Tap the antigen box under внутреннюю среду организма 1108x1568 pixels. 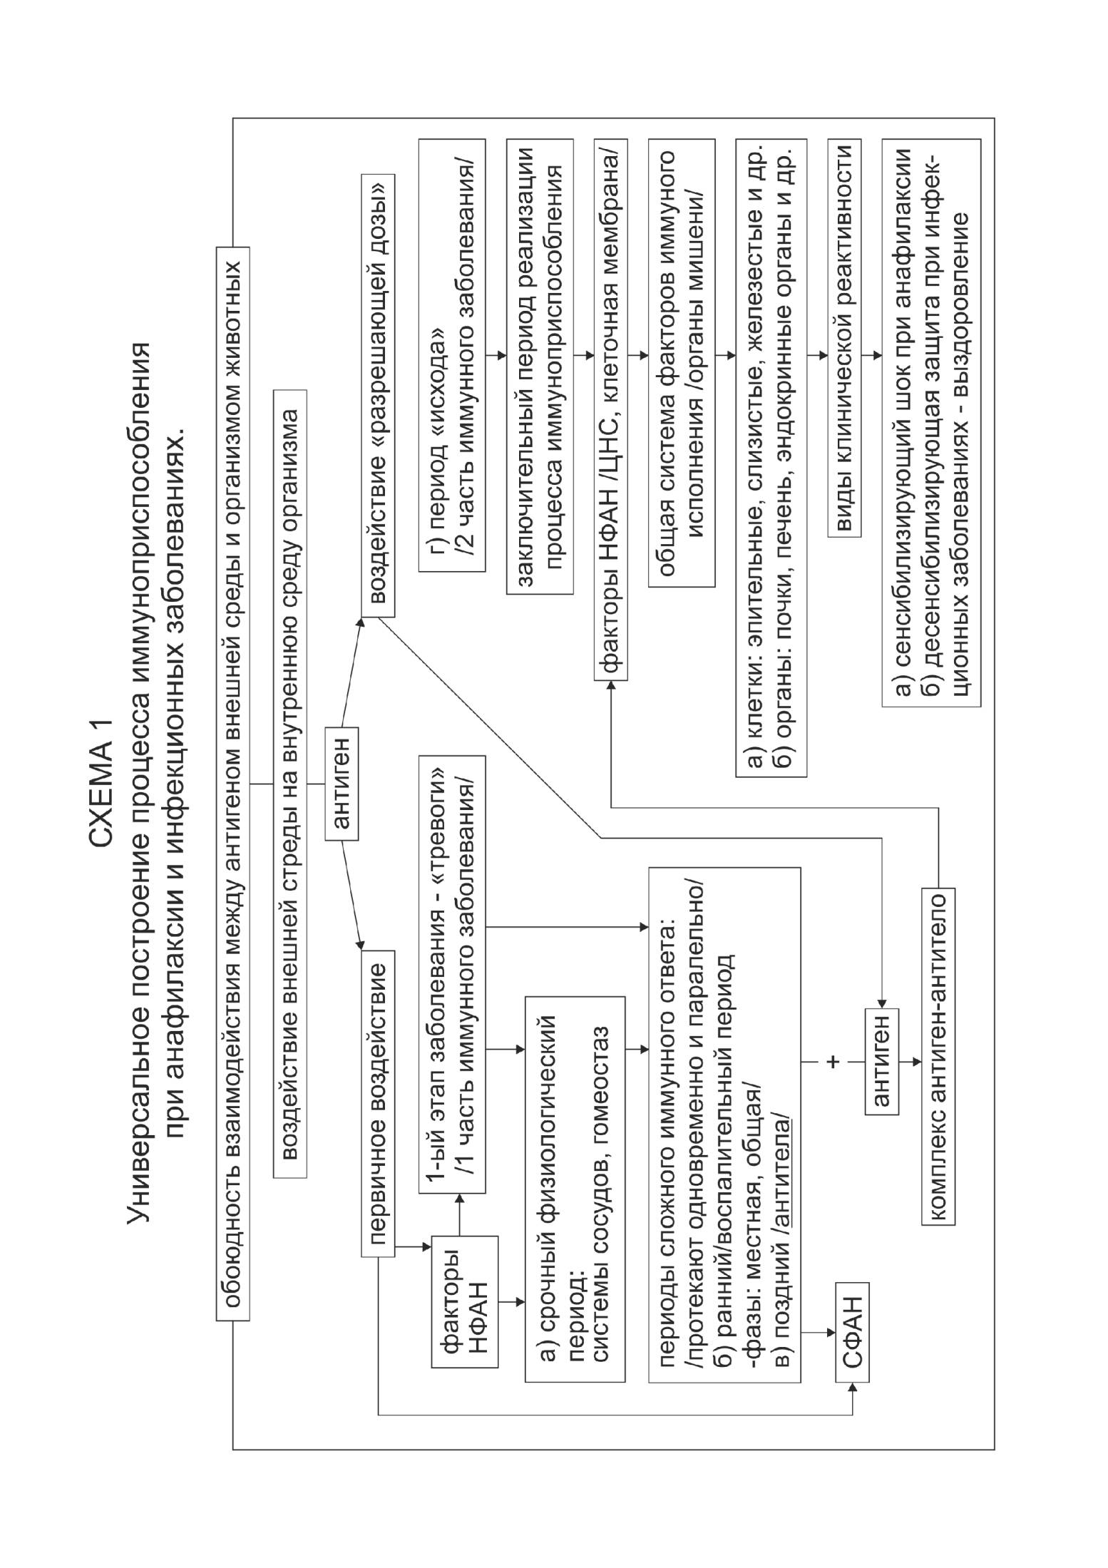342,783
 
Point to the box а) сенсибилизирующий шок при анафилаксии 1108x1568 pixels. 931,422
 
